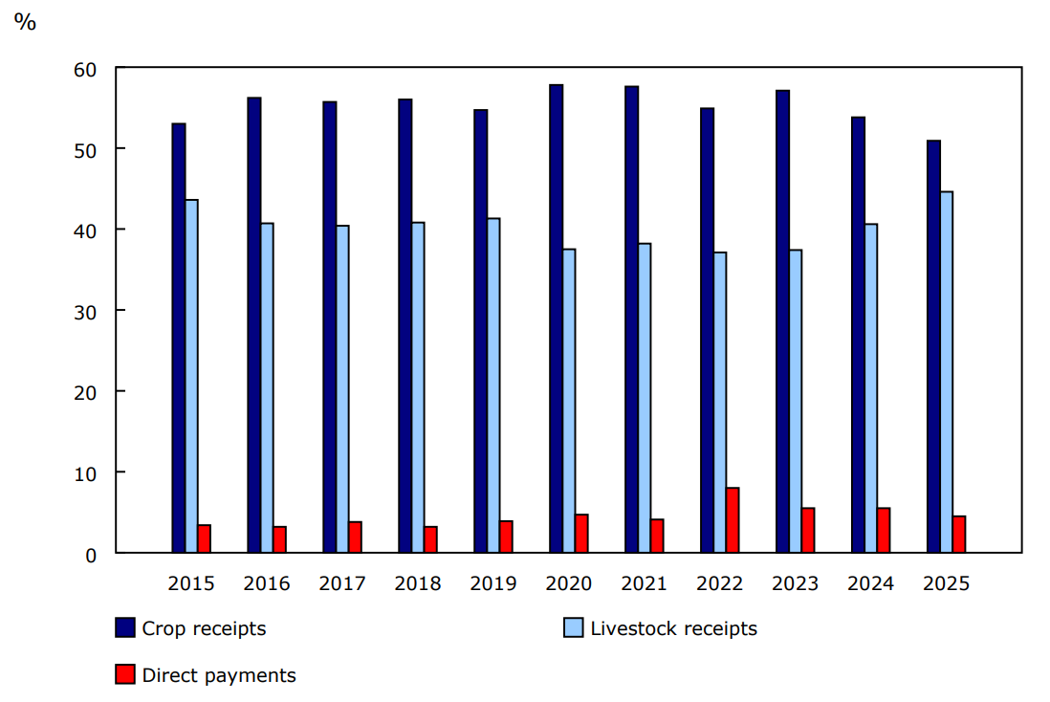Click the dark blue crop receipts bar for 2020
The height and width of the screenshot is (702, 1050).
coord(556,318)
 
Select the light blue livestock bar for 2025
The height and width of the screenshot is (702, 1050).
coord(947,372)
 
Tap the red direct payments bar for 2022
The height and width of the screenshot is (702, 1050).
coord(733,520)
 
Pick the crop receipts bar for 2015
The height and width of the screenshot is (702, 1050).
coord(179,338)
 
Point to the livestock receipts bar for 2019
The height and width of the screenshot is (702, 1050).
coord(493,385)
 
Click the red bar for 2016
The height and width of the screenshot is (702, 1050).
coord(279,539)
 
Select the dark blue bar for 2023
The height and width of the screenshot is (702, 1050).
coord(782,321)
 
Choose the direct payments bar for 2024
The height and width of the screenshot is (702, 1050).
coord(884,530)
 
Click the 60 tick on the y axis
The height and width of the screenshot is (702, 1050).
coord(84,69)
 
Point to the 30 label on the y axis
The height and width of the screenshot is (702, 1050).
coord(84,311)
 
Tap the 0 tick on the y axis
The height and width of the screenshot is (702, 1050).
coord(90,554)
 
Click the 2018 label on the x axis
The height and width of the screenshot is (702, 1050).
coord(417,583)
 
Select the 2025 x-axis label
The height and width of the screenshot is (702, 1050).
coord(946,583)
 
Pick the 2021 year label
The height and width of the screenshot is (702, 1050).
coord(644,583)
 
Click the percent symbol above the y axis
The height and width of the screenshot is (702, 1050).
coord(25,22)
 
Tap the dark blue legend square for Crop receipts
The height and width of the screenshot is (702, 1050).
coord(124,628)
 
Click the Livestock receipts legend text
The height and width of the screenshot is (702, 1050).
coord(673,628)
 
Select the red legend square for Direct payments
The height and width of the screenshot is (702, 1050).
coord(124,675)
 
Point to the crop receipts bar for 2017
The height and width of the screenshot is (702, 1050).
coord(329,327)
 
